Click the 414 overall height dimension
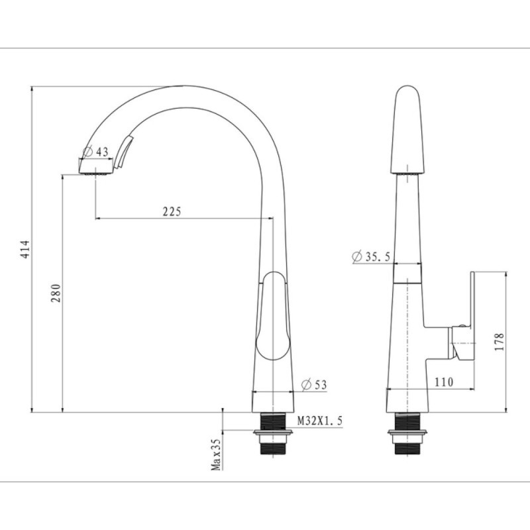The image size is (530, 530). [x=25, y=250]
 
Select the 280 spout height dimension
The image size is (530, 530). [x=56, y=293]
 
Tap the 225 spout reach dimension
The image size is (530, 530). [x=172, y=211]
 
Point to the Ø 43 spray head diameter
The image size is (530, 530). [x=96, y=152]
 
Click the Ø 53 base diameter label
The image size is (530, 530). [x=314, y=385]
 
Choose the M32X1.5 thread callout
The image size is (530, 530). [x=320, y=421]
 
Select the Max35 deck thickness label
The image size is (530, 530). [x=216, y=454]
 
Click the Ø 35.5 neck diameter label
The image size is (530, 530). [x=371, y=256]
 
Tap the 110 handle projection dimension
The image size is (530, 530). [x=443, y=382]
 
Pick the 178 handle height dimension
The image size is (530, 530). [x=500, y=342]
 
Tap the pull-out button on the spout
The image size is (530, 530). [x=124, y=152]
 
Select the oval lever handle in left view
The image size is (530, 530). [x=273, y=316]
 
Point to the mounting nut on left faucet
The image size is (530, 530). [x=273, y=433]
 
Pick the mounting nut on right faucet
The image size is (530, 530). [x=407, y=433]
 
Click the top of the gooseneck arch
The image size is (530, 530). [x=184, y=87]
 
